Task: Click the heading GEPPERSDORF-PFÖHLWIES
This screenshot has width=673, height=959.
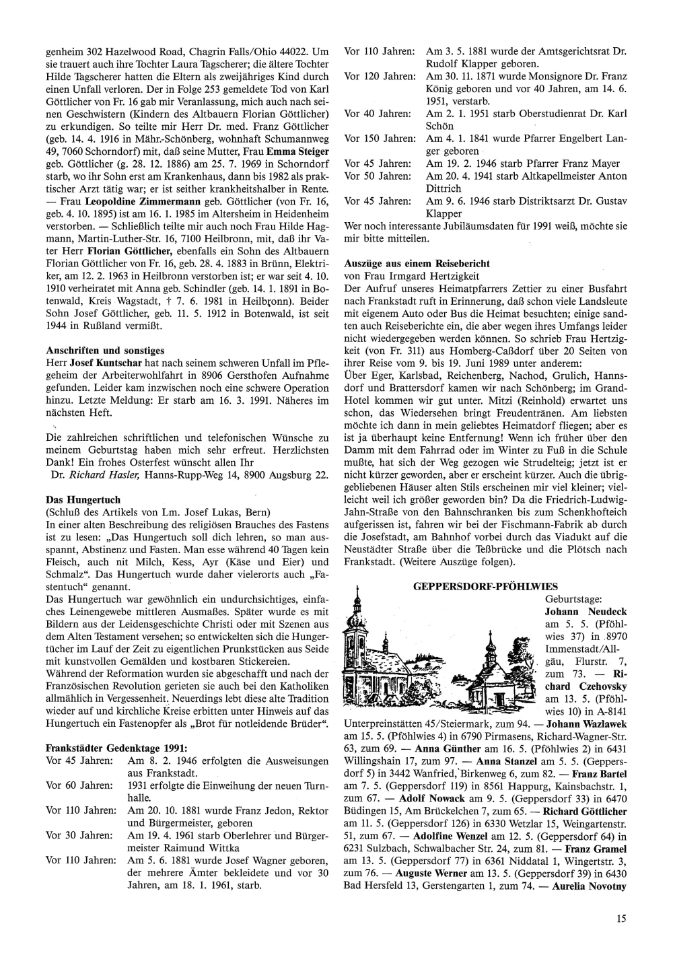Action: click(x=485, y=587)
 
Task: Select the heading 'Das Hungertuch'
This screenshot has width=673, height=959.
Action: click(x=83, y=500)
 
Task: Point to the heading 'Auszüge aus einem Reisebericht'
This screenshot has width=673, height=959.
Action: click(x=417, y=263)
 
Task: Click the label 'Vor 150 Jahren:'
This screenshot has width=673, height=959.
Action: click(x=380, y=139)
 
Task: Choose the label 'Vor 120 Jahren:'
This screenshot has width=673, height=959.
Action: click(x=380, y=76)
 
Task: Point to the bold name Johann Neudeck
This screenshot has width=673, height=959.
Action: click(x=586, y=612)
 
